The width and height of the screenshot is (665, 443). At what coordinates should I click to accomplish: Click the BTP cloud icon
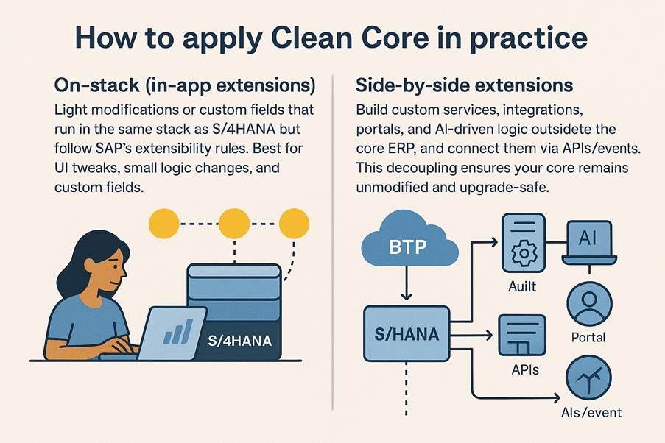tap(409, 239)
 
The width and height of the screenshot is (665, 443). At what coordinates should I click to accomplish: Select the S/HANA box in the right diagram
tap(407, 333)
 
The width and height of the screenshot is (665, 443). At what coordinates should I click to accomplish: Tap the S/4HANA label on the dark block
tap(239, 341)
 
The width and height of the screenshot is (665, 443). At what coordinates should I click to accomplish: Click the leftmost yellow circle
tap(164, 224)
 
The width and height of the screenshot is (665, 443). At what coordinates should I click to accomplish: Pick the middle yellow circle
tap(233, 224)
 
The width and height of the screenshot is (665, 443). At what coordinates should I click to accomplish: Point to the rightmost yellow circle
tap(294, 224)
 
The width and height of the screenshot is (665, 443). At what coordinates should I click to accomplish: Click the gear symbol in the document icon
tap(524, 253)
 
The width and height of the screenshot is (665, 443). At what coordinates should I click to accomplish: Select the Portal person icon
tap(589, 304)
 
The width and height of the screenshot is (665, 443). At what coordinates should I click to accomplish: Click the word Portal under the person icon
tap(588, 338)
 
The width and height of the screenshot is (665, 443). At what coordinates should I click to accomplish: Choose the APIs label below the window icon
tap(525, 369)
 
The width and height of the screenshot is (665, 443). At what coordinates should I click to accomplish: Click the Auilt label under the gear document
tap(522, 286)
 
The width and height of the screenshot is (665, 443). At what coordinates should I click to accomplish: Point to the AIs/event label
tap(591, 412)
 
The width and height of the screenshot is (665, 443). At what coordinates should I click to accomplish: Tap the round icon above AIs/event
tap(588, 378)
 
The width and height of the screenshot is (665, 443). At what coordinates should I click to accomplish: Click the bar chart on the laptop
tap(177, 331)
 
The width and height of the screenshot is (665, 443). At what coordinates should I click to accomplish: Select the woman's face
tap(111, 269)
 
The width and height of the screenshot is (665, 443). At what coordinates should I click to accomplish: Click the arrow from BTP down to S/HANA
tap(407, 283)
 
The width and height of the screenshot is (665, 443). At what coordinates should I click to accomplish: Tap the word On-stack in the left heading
tap(97, 85)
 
